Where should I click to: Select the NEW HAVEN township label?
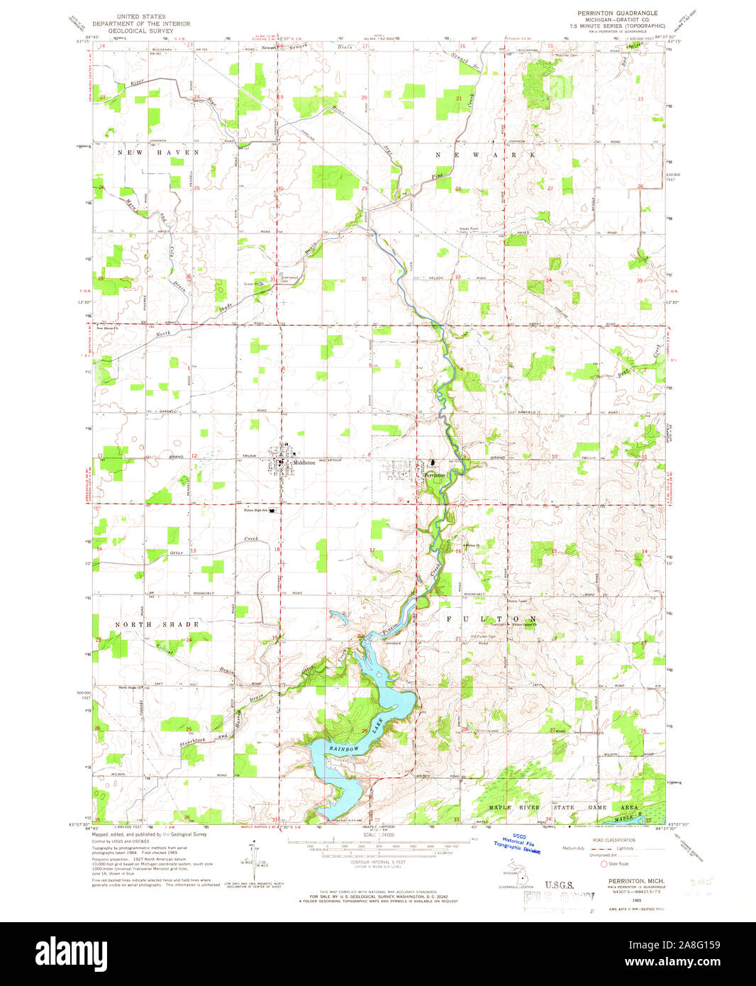click(159, 153)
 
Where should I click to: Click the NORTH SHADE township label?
click(158, 624)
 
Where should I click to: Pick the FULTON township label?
click(491, 619)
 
